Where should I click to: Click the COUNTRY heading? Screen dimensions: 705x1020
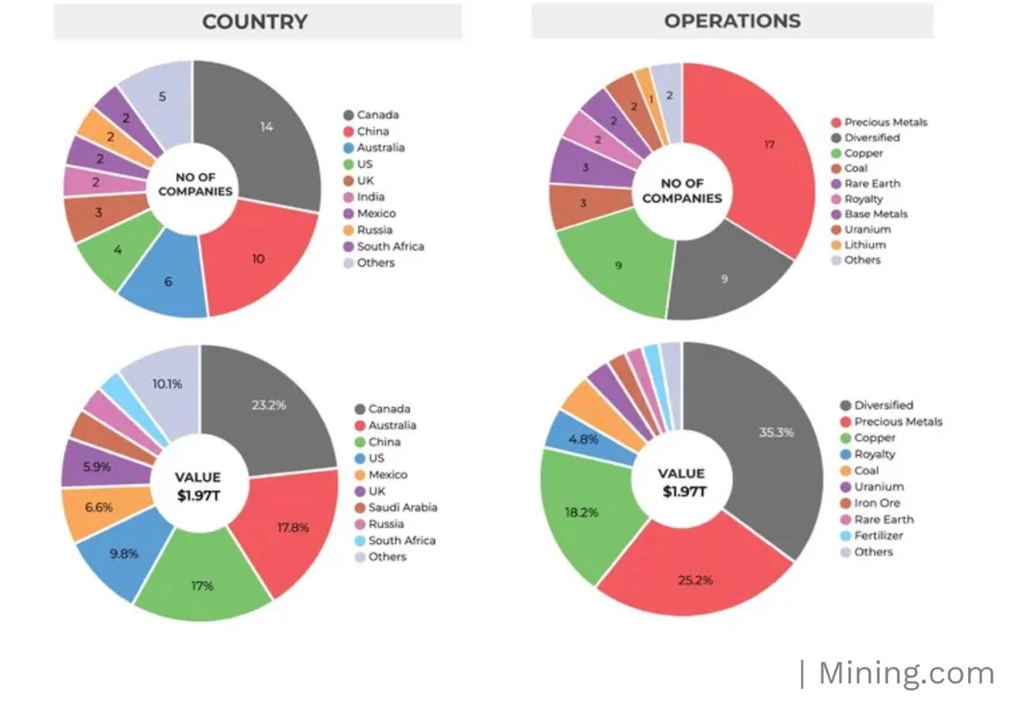(x=255, y=22)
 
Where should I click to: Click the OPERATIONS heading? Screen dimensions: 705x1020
(x=732, y=21)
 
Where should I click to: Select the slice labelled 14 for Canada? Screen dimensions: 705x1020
(x=263, y=135)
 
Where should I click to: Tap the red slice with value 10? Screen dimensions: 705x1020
(x=258, y=259)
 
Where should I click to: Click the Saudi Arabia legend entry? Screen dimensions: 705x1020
(x=402, y=507)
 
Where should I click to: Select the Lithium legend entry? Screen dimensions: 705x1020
(x=865, y=245)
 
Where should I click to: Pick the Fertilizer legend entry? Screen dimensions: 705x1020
(x=879, y=535)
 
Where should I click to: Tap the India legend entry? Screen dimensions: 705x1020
(x=371, y=197)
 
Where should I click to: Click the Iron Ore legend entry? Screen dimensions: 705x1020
(x=877, y=503)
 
